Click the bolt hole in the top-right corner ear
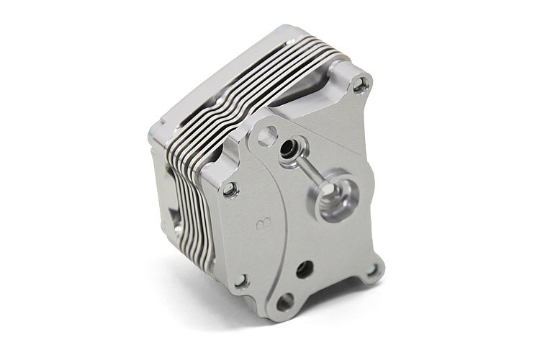click(x=359, y=84)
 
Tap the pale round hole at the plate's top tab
click(x=268, y=134)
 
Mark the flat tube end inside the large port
click(x=327, y=189)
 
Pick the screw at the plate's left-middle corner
click(x=230, y=189)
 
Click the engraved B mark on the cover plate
click(x=264, y=223)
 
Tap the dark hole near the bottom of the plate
click(x=305, y=269)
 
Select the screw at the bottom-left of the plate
click(x=242, y=281)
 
